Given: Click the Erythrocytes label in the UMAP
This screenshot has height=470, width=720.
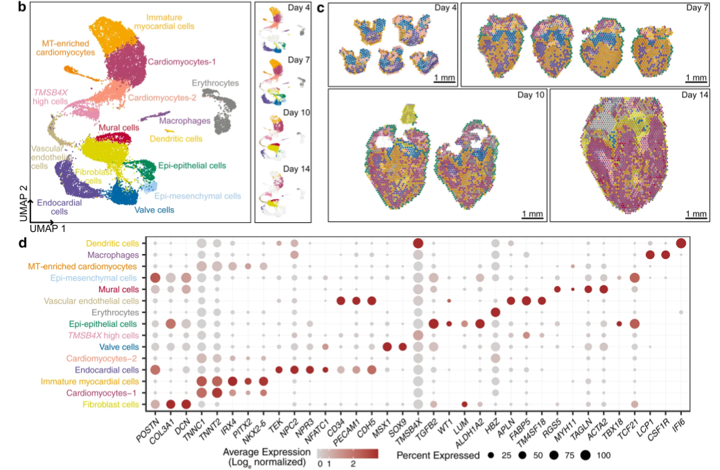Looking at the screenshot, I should coord(216,83).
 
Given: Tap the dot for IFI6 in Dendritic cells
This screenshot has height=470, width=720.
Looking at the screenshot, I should coord(680,243).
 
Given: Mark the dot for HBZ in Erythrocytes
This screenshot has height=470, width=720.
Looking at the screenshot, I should coord(495,312).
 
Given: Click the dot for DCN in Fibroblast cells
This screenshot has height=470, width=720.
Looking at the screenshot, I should coord(186,404).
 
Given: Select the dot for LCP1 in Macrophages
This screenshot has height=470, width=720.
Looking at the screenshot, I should coord(650,255).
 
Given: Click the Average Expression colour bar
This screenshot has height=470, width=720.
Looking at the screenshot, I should coord(348,455).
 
